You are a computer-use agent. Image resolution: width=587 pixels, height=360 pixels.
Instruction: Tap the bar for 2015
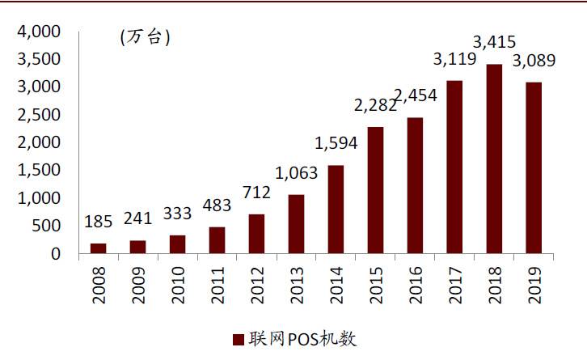point(375,190)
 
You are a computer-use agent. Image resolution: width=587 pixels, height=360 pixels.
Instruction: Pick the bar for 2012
point(257,233)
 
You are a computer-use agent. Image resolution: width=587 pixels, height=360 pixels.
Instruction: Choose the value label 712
point(257,194)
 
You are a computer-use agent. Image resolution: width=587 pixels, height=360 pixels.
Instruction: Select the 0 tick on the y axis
point(56,253)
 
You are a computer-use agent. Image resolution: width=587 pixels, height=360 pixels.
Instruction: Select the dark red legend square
point(239,339)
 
